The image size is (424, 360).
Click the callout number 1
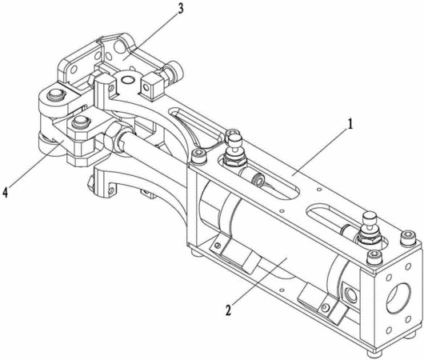point(350,125)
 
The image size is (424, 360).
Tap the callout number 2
point(229,309)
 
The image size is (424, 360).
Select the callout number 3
point(180,8)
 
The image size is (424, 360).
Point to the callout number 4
point(5,193)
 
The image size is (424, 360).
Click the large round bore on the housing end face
point(398,298)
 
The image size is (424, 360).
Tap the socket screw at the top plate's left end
point(198,156)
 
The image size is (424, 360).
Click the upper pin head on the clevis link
point(56,94)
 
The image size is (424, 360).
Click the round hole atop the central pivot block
point(128,79)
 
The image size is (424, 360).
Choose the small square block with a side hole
point(151,86)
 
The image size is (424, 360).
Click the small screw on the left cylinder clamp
point(216,246)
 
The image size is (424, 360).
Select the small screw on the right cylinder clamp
point(326,307)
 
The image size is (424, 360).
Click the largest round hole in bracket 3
point(119,46)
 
